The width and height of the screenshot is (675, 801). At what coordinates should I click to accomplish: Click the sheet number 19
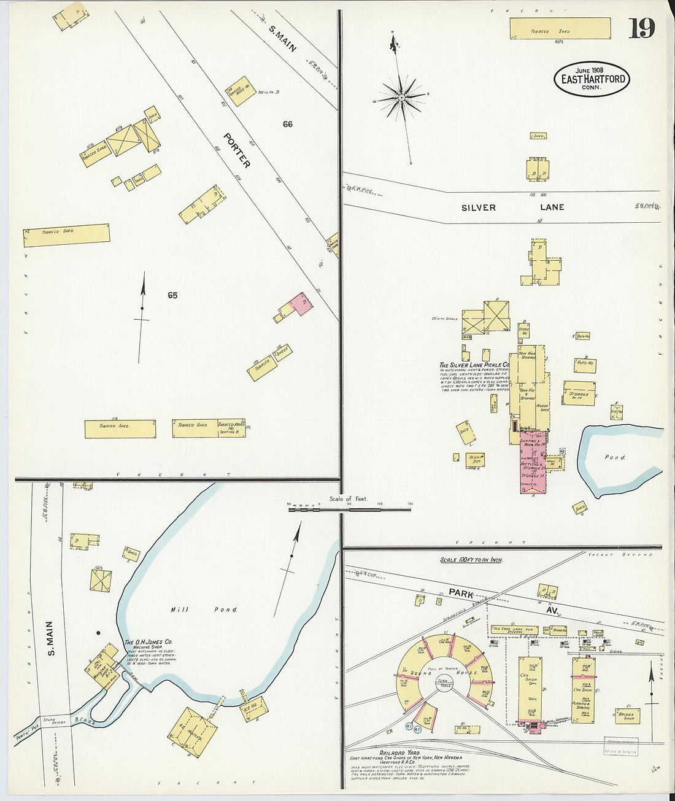pos(642,28)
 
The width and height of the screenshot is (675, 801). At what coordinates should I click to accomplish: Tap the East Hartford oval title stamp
pos(592,80)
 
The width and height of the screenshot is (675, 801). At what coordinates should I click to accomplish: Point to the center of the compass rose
pos(401,97)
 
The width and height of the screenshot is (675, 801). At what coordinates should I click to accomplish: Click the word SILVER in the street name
pos(478,207)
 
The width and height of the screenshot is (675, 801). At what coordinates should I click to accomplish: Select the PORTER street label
pos(237,150)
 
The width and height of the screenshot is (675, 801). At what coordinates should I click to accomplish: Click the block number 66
pos(288,124)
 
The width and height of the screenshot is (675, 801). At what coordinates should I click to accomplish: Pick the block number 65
pos(172,295)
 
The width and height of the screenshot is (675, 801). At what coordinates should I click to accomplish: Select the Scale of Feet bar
pos(349,506)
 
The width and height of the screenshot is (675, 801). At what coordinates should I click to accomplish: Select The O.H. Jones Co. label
pos(148,642)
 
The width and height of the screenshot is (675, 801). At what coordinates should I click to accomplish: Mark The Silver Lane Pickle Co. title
pos(474,364)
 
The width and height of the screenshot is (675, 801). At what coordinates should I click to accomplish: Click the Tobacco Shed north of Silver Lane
pos(560,29)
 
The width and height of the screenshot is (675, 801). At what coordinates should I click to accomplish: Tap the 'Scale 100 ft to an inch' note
pos(471,560)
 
